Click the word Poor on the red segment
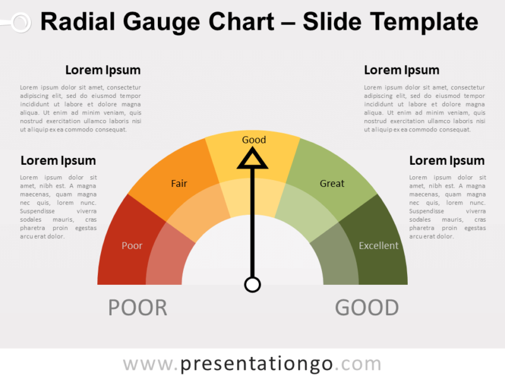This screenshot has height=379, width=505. pyautogui.click(x=132, y=246)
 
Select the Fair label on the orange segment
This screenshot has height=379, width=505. pyautogui.click(x=179, y=184)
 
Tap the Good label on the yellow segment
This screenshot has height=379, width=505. pyautogui.click(x=254, y=140)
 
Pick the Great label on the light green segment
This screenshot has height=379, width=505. pyautogui.click(x=332, y=184)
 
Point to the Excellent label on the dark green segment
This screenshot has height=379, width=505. pyautogui.click(x=379, y=246)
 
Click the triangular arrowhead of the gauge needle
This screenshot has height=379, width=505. pyautogui.click(x=252, y=159)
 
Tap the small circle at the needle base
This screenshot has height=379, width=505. pyautogui.click(x=252, y=284)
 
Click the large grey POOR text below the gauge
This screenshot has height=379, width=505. pyautogui.click(x=138, y=308)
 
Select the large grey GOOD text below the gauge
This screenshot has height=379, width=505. pyautogui.click(x=367, y=308)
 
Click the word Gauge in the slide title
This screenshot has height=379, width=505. pyautogui.click(x=155, y=22)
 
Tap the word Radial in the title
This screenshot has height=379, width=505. pyautogui.click(x=76, y=22)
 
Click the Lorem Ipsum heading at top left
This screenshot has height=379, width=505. pyautogui.click(x=103, y=70)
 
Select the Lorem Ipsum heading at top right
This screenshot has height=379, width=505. pyautogui.click(x=401, y=70)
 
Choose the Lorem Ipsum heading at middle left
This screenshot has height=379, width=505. pyautogui.click(x=58, y=160)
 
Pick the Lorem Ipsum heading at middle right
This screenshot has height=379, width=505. pyautogui.click(x=447, y=160)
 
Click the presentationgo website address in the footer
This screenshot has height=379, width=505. pyautogui.click(x=252, y=364)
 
